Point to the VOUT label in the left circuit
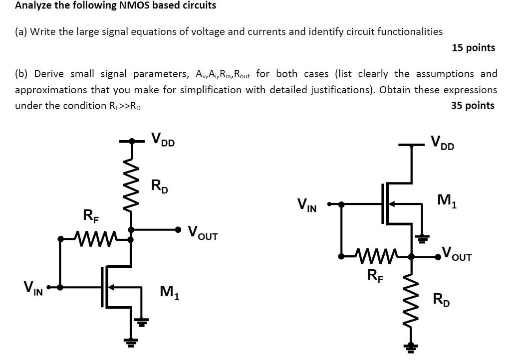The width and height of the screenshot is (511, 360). [203, 232]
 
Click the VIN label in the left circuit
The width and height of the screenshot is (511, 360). [33, 288]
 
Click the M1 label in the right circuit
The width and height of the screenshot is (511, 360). [447, 202]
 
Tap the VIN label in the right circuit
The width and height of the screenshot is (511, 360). [306, 204]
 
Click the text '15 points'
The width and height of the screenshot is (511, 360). [473, 48]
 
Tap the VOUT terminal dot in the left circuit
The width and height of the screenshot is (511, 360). [178, 230]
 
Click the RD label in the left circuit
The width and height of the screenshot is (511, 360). [159, 186]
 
